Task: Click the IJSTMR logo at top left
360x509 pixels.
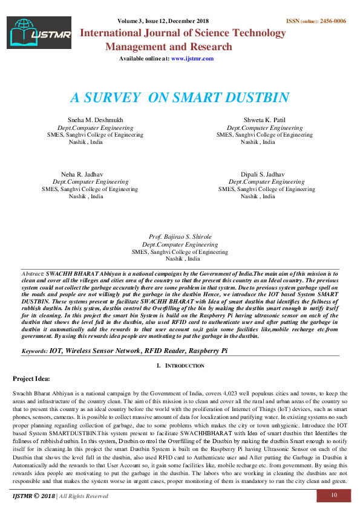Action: click(39, 34)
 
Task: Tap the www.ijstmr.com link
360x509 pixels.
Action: click(192, 59)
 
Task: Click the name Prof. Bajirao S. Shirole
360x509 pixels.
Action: click(180, 236)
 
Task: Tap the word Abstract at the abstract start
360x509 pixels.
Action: click(32, 274)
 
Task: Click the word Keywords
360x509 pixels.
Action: click(34, 351)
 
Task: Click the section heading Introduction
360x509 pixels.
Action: click(185, 366)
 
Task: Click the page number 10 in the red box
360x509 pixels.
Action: click(333, 496)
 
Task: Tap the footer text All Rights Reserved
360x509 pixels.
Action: click(83, 496)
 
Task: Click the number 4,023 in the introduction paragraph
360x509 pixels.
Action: click(215, 393)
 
